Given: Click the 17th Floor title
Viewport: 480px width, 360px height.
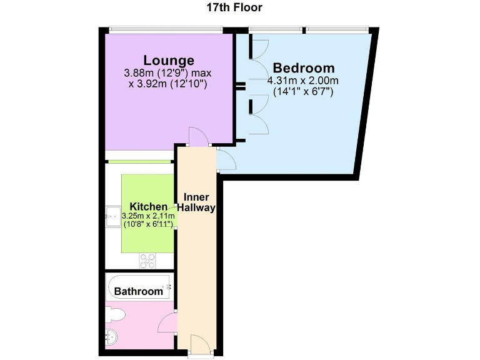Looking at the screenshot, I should pos(234,8).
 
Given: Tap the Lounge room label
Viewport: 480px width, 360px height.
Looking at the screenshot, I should pos(169,61).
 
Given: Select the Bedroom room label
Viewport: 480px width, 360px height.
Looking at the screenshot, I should pos(304,68).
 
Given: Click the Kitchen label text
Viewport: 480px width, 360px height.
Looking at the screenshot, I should pos(148,207).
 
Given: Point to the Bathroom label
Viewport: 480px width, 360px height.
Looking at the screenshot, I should pos(138,291).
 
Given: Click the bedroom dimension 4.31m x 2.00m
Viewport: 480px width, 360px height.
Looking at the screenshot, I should pos(302,81).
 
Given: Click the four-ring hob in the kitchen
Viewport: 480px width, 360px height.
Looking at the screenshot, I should pos(147,259).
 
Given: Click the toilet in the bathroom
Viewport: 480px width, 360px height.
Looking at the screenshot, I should pos(118,314).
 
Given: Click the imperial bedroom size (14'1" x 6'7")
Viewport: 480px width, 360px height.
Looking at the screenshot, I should pos(303,91).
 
